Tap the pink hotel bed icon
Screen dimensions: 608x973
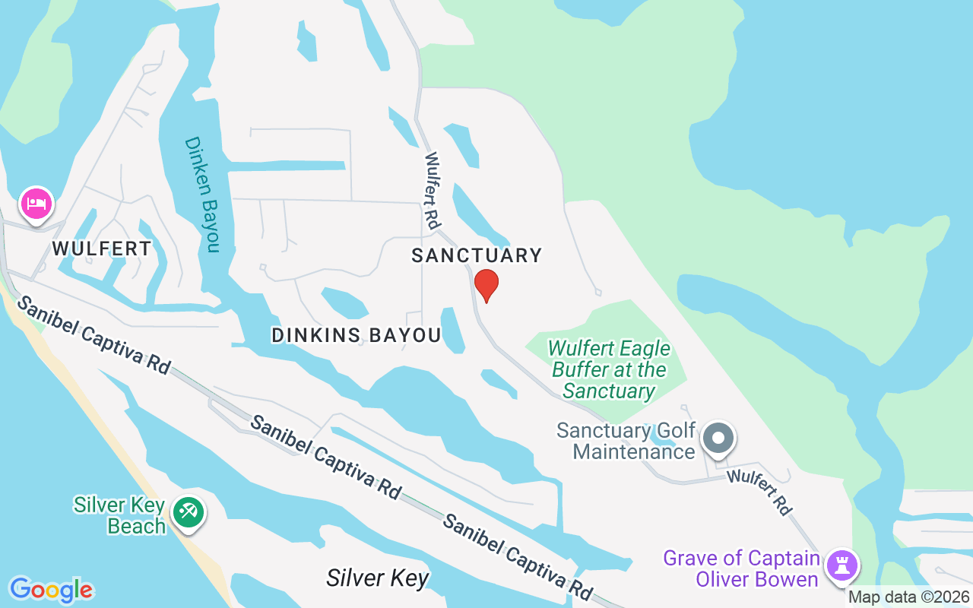click(x=36, y=204)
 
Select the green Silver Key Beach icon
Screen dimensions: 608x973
click(x=187, y=511)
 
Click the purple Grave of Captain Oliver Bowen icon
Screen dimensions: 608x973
click(x=843, y=566)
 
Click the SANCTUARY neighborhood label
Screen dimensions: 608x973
click(x=477, y=255)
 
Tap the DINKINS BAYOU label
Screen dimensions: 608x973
click(x=357, y=335)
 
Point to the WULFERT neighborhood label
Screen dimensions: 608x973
click(x=102, y=249)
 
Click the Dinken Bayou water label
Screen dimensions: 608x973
click(x=201, y=195)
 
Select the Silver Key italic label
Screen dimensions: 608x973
click(x=378, y=578)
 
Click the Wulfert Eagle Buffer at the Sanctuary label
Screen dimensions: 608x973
click(x=609, y=369)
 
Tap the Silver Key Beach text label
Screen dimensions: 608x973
click(x=120, y=515)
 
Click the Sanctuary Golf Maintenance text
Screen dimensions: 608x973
click(x=626, y=441)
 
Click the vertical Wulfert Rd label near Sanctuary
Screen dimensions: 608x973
click(x=433, y=191)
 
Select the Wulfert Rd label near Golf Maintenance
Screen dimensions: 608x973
click(x=758, y=492)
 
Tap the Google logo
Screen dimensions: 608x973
click(x=51, y=590)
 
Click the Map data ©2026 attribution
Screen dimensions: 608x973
click(x=909, y=597)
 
